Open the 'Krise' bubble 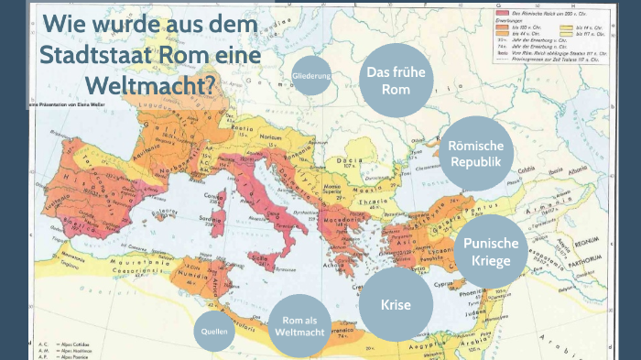coord(397,305)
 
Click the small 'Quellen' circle coord(213,333)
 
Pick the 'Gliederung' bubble coord(311,76)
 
